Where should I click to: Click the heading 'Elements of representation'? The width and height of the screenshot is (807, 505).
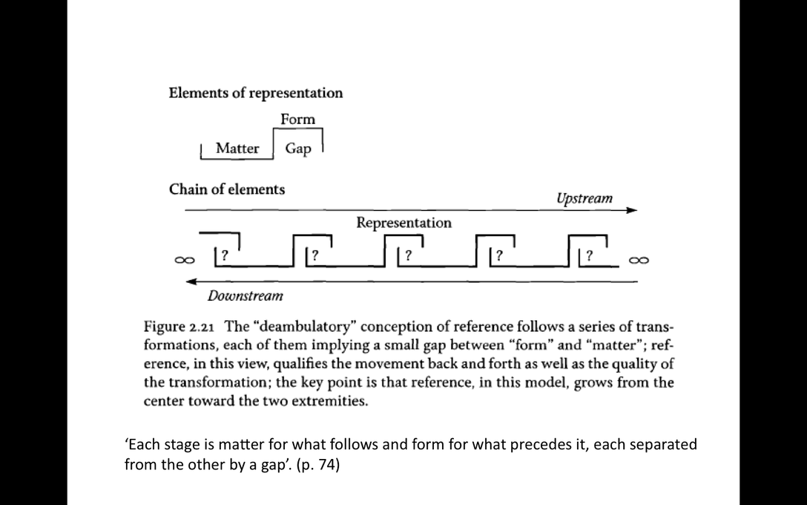tap(255, 93)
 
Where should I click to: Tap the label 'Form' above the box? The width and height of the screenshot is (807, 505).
tap(297, 119)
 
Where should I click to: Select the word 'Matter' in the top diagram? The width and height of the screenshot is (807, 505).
tap(237, 149)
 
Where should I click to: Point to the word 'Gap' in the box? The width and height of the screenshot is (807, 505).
tap(298, 149)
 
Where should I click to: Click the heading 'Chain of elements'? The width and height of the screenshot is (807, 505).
tap(227, 189)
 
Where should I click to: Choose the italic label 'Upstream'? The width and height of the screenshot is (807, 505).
tap(584, 198)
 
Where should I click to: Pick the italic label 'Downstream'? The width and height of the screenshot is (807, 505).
tap(245, 296)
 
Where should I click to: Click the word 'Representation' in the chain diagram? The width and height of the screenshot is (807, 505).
tap(403, 222)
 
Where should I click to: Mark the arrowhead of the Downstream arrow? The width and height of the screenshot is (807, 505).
tap(191, 281)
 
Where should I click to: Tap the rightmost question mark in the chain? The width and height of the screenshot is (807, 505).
tap(589, 255)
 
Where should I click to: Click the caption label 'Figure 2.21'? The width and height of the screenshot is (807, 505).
tap(180, 327)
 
